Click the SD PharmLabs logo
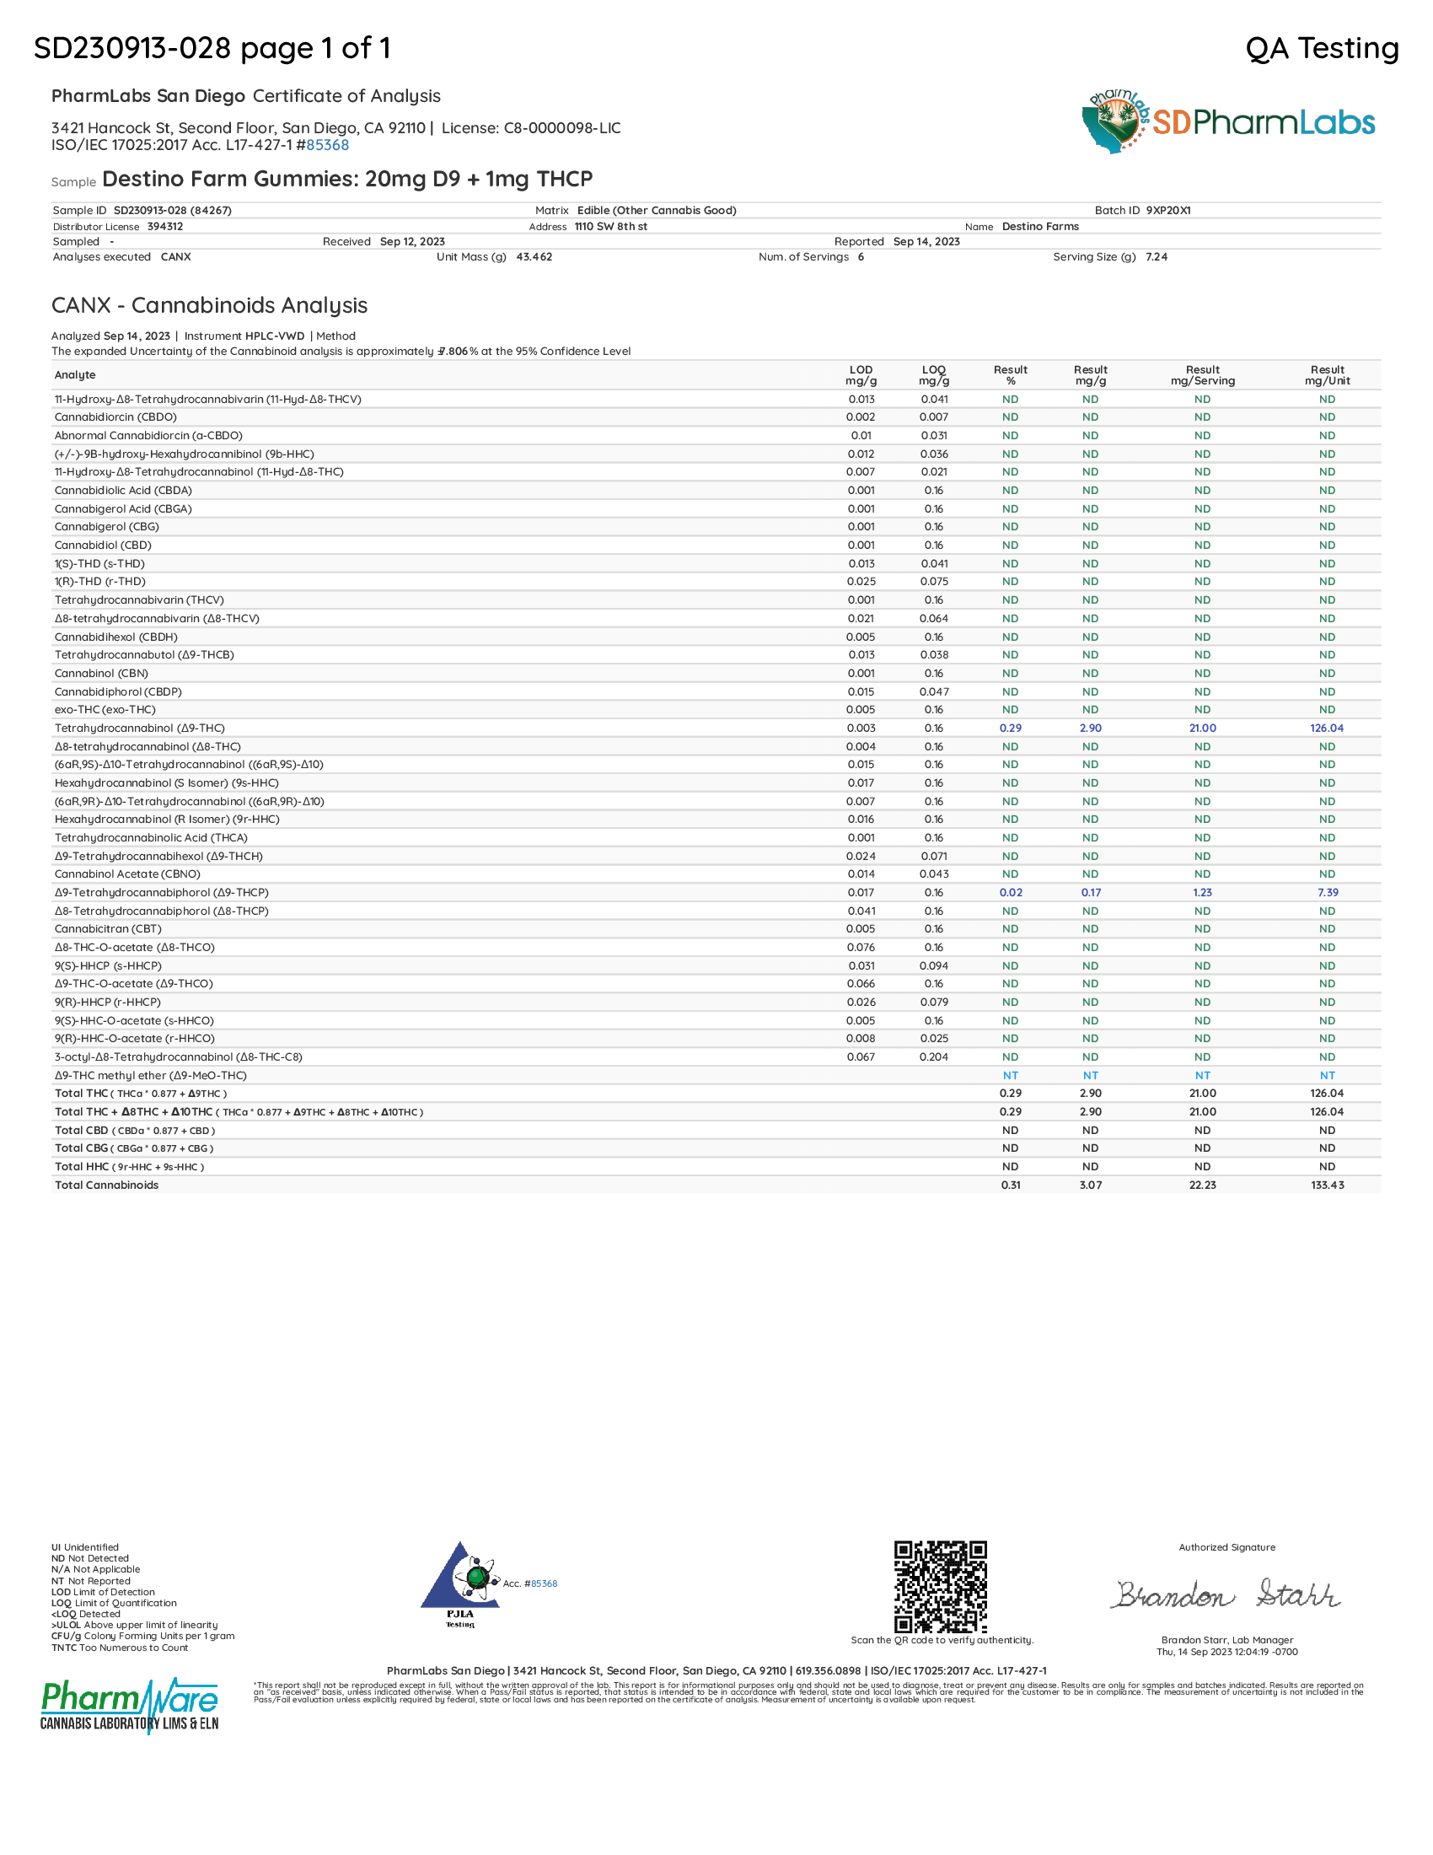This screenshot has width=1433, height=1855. point(1227,121)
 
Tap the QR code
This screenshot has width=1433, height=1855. point(941,1586)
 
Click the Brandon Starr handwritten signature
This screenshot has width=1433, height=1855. point(1226,1594)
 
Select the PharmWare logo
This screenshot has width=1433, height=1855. point(129,1705)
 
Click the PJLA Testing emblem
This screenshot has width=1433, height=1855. point(459,1585)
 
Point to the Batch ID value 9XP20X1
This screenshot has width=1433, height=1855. point(1168,211)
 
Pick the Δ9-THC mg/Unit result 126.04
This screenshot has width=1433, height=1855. point(1326,728)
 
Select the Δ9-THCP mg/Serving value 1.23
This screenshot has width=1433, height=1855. point(1202,893)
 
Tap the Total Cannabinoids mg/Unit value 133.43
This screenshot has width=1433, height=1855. point(1327,1185)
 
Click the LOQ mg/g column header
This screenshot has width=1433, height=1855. point(934,375)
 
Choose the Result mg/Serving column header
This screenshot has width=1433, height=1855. point(1202,375)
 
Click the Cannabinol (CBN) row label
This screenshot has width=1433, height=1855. point(101,674)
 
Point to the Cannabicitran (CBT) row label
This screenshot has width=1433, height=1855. point(108,929)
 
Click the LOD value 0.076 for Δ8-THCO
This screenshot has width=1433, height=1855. point(861,947)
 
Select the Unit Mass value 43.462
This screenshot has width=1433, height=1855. point(534,257)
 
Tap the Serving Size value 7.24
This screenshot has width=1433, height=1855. point(1157,257)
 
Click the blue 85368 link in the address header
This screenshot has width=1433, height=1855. point(328,145)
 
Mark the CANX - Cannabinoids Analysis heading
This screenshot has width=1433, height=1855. point(209,306)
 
